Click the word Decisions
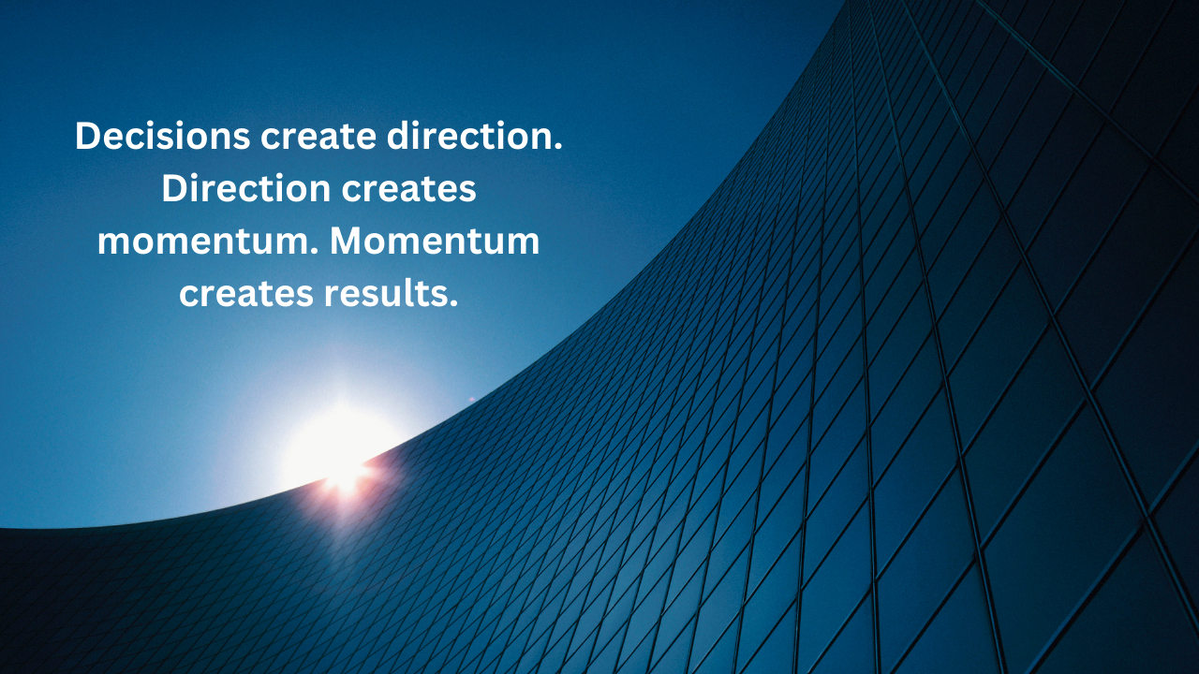coord(163,136)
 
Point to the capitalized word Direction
coord(246,188)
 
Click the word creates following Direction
coord(409,189)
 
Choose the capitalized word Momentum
coord(435,241)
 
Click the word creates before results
coord(246,294)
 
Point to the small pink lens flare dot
coord(471,399)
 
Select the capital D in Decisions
coord(88,136)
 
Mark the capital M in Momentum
coord(348,242)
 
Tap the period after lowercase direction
coord(559,147)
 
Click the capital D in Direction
coord(175,188)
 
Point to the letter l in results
coord(415,293)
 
